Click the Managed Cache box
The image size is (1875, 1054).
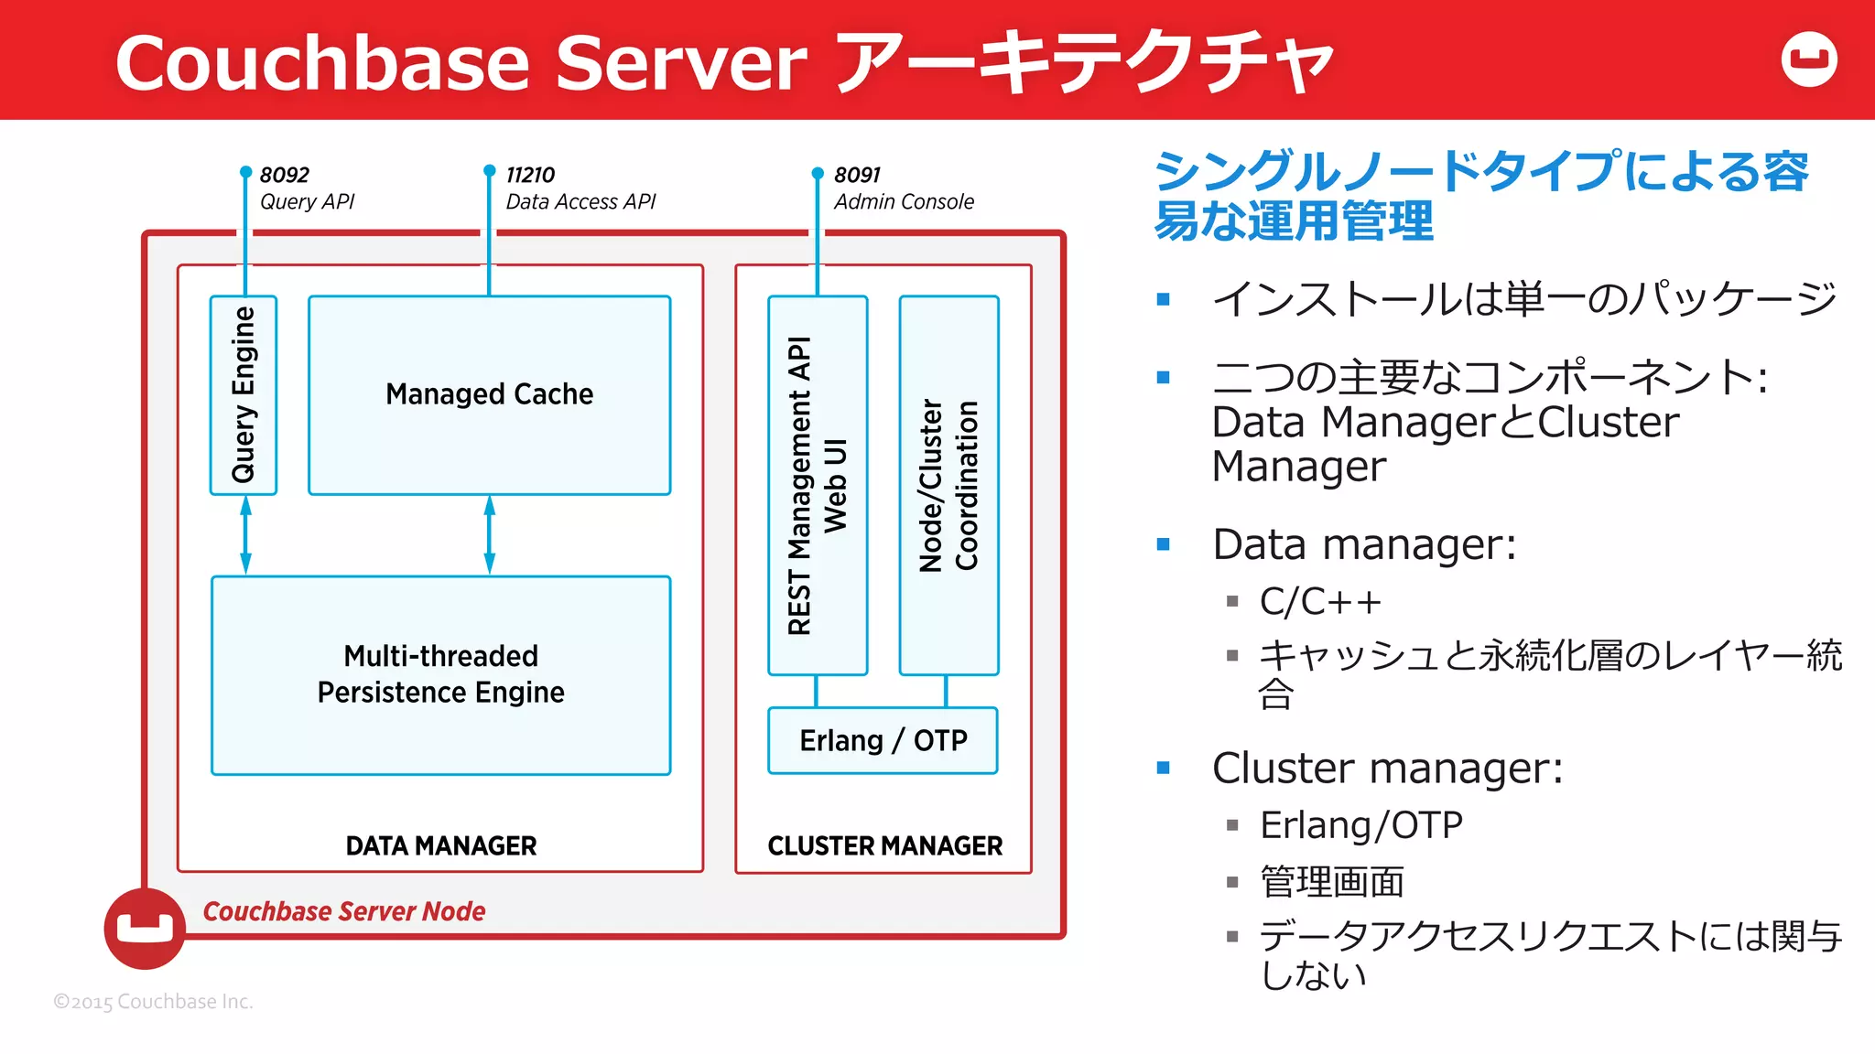[x=489, y=395]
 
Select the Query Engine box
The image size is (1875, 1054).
[x=244, y=395]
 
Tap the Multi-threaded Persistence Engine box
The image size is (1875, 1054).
[x=440, y=675]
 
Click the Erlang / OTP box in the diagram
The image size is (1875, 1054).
[x=883, y=740]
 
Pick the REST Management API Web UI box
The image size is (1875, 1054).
[x=818, y=485]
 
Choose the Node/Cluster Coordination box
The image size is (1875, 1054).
[x=948, y=485]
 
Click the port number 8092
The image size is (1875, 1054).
[x=285, y=175]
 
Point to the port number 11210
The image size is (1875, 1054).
[x=530, y=175]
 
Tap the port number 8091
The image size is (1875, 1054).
[x=857, y=175]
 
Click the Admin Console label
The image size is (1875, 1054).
[x=904, y=201]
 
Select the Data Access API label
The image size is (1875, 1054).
[x=580, y=201]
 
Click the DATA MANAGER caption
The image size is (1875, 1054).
[x=440, y=845]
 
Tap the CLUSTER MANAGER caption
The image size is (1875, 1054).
[x=884, y=845]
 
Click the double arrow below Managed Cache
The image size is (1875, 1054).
[x=489, y=535]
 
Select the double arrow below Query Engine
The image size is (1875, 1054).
[x=245, y=535]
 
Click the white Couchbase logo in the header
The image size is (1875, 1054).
[x=1809, y=59]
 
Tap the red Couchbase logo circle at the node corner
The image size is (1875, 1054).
[x=145, y=928]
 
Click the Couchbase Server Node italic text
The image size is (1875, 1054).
[x=344, y=911]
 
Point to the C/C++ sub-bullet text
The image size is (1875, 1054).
[x=1319, y=602]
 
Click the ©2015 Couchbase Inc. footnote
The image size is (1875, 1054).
[x=153, y=1002]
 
